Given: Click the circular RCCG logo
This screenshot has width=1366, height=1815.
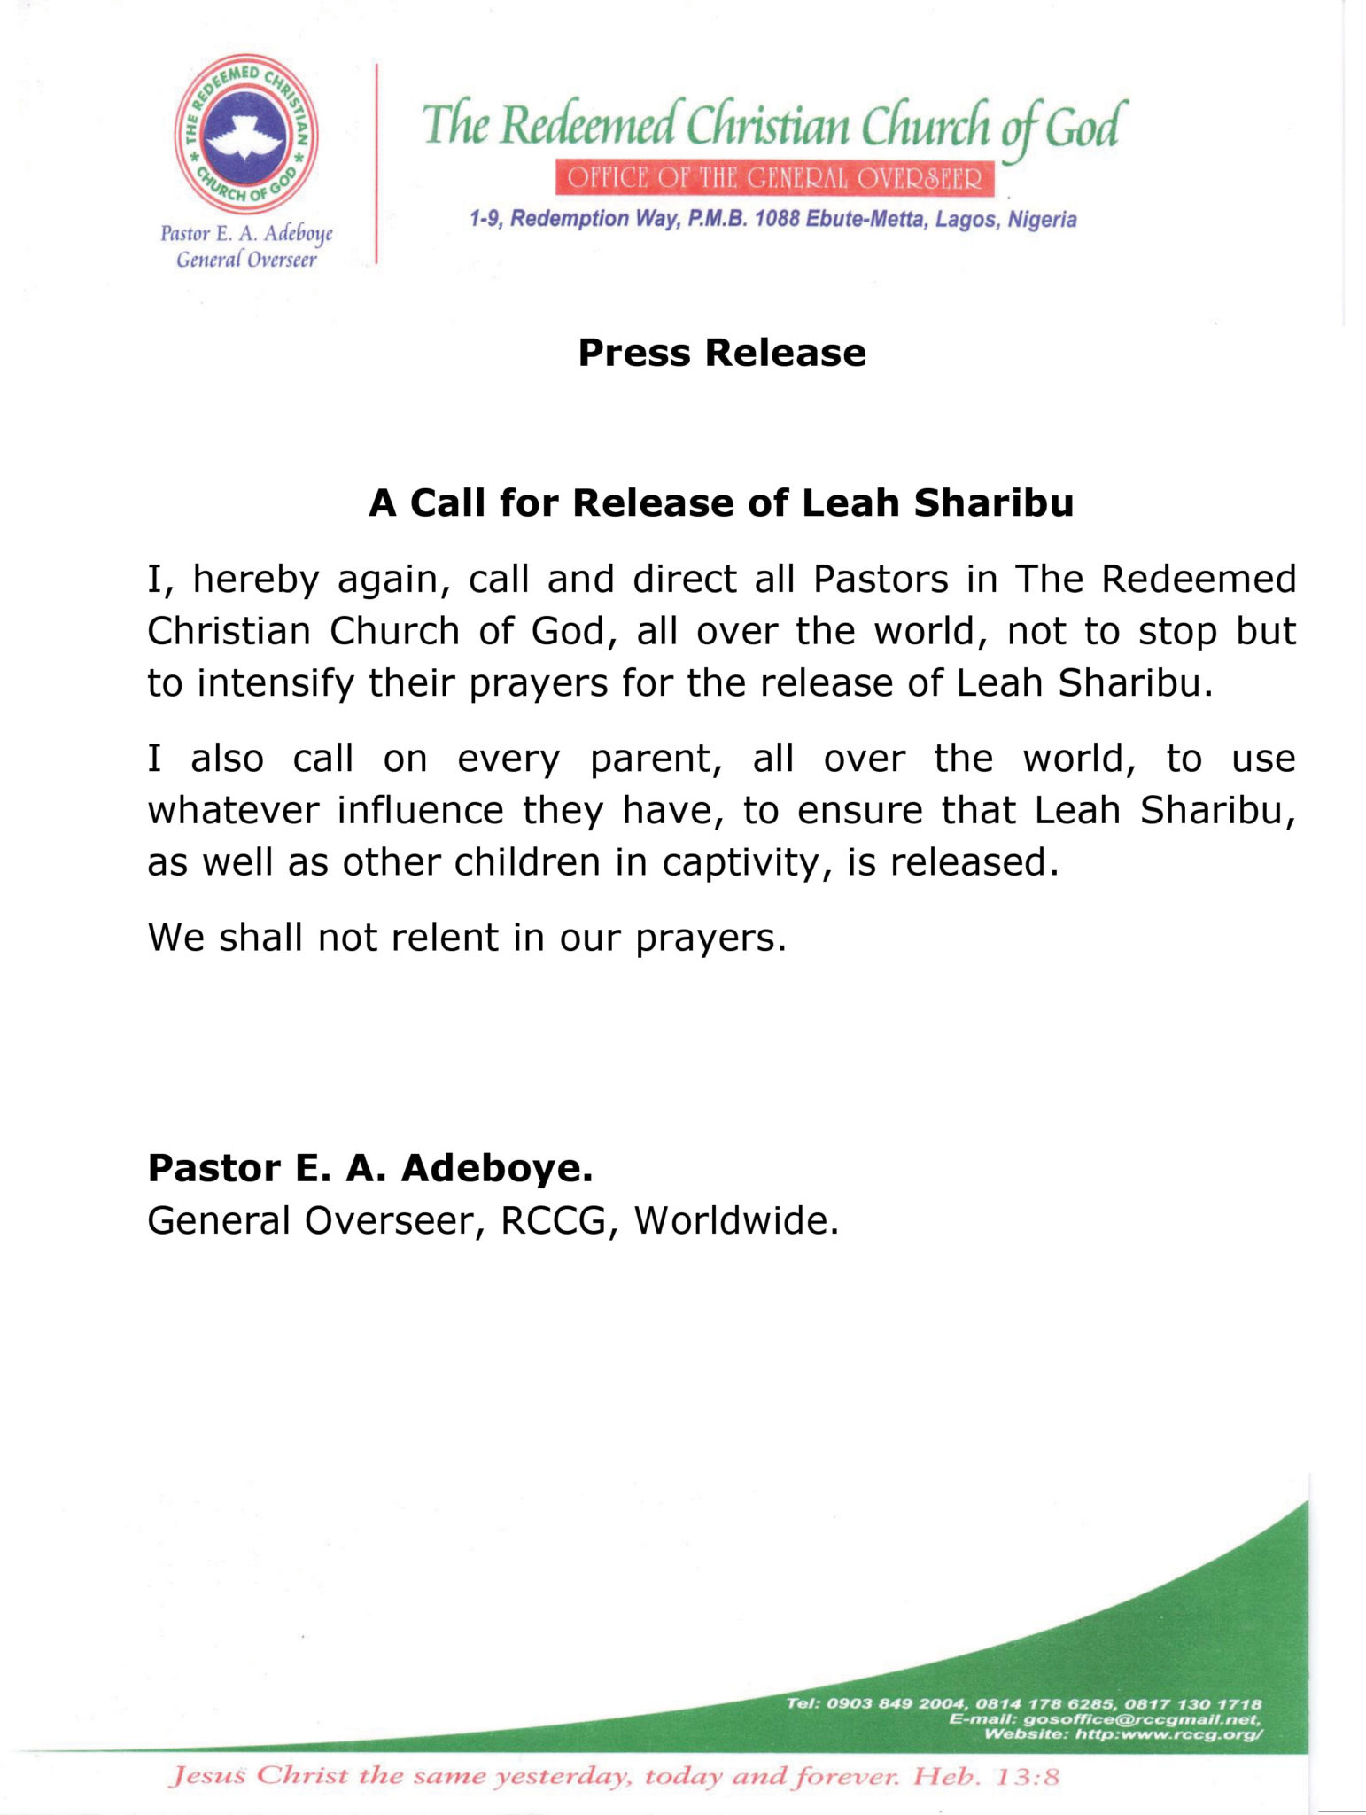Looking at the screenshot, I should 246,135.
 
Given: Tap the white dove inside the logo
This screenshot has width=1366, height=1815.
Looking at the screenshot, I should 245,141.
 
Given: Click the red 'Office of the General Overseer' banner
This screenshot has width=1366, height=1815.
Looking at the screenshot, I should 774,178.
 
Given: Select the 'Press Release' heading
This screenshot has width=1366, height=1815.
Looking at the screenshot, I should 721,353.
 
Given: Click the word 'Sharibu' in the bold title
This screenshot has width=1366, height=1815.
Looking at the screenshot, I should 994,503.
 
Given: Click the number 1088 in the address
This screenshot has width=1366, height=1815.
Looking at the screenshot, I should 778,219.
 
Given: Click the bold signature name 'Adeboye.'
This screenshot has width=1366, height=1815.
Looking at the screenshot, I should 497,1168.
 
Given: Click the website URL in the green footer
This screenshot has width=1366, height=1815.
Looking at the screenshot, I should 1168,1733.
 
